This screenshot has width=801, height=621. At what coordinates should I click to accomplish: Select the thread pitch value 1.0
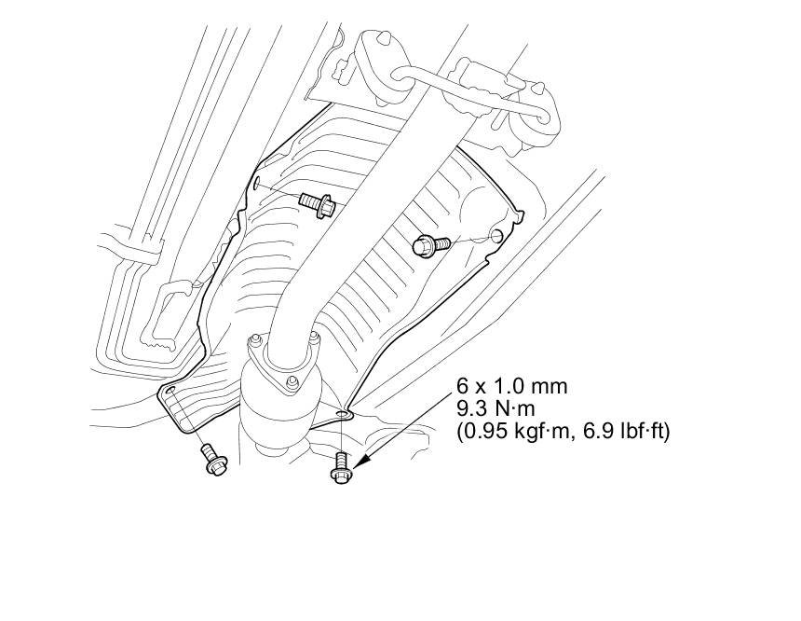[506, 385]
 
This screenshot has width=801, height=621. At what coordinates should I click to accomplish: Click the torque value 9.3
[468, 408]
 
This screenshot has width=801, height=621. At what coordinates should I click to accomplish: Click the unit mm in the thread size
[549, 385]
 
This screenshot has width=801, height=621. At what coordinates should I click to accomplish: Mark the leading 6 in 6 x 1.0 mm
[462, 385]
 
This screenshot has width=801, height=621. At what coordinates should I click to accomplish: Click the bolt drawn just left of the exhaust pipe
[317, 203]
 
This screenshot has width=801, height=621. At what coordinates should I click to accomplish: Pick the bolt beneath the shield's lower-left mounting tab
[210, 461]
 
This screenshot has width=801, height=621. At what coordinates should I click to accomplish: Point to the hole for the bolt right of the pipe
[497, 233]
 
